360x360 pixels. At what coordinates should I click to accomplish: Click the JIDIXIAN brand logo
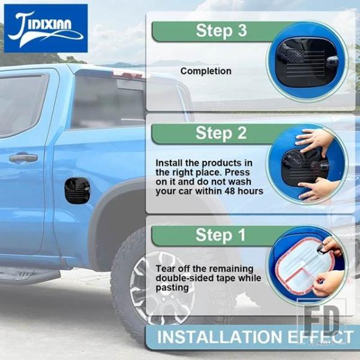(x=46, y=28)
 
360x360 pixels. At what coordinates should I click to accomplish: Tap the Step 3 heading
(x=221, y=31)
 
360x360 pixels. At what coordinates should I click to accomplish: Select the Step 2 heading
(x=221, y=133)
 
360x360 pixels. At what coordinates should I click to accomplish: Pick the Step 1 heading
(x=220, y=235)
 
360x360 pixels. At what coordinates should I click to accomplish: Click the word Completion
(x=206, y=71)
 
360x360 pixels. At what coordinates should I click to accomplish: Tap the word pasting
(x=172, y=288)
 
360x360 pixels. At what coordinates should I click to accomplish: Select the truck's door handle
(x=23, y=158)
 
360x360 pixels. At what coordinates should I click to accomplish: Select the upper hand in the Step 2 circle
(x=314, y=140)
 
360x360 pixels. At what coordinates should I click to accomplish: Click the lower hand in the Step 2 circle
(x=319, y=189)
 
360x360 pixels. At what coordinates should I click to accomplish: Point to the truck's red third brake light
(x=128, y=74)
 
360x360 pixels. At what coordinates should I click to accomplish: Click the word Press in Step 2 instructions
(x=237, y=172)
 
